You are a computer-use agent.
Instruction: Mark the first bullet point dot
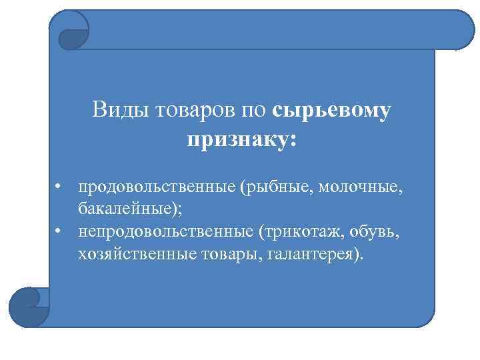click(59, 188)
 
